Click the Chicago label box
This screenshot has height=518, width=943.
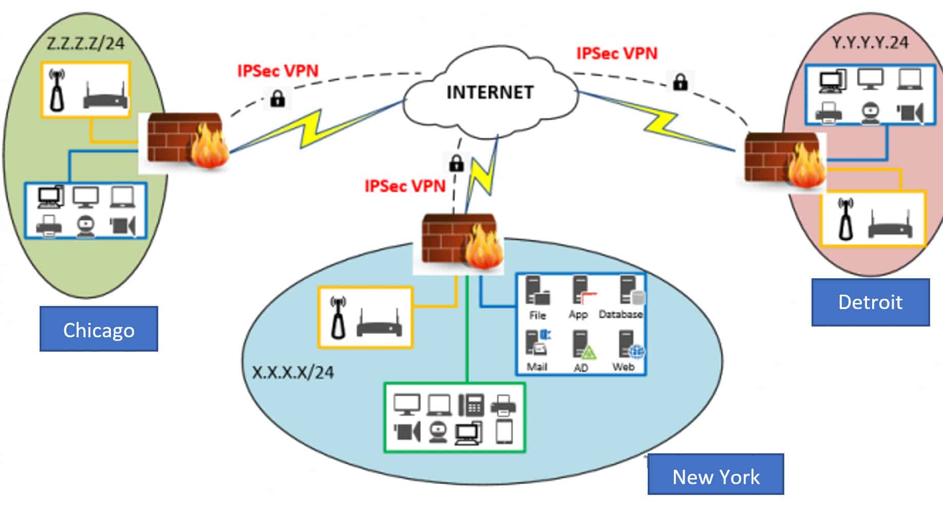[x=99, y=329]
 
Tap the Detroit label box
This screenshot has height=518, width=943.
[x=870, y=302]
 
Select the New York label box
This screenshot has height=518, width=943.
[x=715, y=474]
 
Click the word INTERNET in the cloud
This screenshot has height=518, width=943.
[x=490, y=92]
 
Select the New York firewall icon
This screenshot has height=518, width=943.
[x=460, y=241]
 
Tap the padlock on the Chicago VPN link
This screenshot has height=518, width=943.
[x=277, y=98]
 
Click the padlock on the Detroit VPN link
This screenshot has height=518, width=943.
[x=680, y=82]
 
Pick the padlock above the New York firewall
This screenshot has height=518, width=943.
[x=456, y=164]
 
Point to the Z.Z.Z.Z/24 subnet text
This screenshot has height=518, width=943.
[x=86, y=43]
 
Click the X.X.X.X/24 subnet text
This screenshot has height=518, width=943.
[x=293, y=372]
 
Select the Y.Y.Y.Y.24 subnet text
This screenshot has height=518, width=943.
[x=870, y=43]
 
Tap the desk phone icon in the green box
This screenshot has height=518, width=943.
[x=471, y=405]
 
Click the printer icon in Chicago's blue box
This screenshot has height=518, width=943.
[x=49, y=225]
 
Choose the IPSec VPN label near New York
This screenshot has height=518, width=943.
[x=405, y=186]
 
